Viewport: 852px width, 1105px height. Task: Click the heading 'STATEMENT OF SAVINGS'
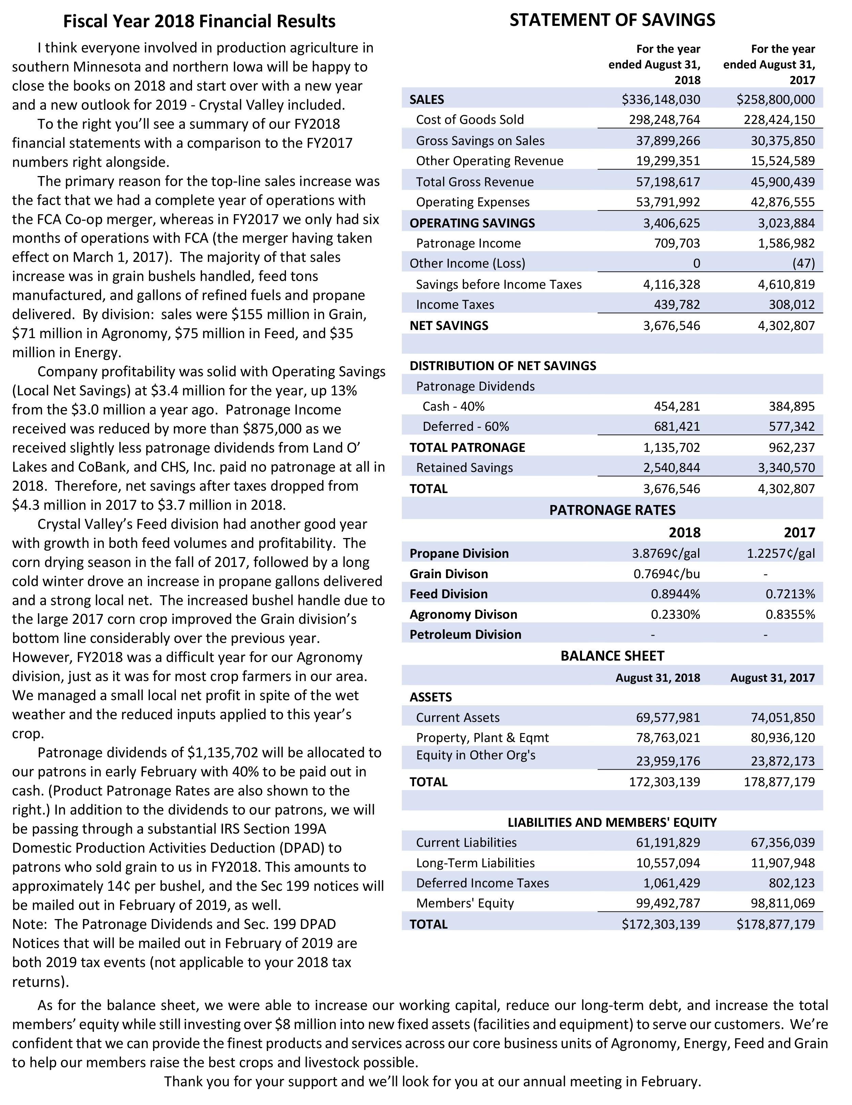tap(612, 20)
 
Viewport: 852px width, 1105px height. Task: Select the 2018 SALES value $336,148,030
tap(661, 99)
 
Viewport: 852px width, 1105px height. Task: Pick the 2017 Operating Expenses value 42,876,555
tap(783, 202)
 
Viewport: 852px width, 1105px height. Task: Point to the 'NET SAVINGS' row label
tap(449, 325)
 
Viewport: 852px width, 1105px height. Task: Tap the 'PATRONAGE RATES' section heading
tap(612, 510)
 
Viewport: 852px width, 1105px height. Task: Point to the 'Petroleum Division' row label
tap(465, 634)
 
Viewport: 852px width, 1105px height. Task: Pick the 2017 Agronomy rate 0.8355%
tap(790, 614)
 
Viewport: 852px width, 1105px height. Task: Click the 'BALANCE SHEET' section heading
tap(612, 656)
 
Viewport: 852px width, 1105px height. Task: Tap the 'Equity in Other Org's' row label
tap(476, 755)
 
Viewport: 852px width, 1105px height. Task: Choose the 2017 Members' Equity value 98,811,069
tap(783, 903)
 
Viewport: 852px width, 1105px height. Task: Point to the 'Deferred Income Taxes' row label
tap(482, 883)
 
